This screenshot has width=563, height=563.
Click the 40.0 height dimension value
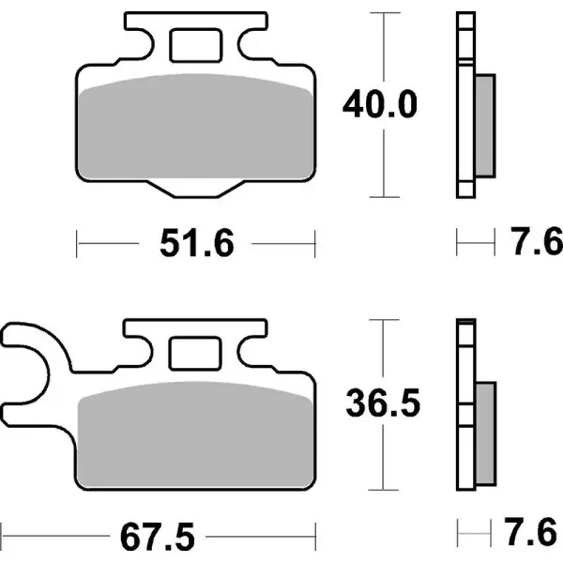379,104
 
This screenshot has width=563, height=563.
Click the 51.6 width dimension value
194,246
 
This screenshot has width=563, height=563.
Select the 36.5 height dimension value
379,404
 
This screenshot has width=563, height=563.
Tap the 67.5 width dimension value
157,539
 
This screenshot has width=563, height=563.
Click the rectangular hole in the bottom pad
195,354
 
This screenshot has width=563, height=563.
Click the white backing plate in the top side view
464,103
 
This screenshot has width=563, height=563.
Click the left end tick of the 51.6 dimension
77,246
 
